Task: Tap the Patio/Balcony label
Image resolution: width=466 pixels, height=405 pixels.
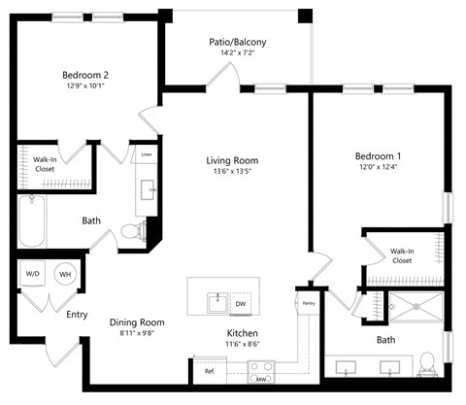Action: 237,42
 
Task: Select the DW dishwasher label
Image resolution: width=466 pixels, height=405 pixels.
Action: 239,303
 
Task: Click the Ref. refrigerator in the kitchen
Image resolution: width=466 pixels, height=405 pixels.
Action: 210,370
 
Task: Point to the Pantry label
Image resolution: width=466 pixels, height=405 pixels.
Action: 309,303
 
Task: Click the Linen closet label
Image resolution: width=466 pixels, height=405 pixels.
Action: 147,154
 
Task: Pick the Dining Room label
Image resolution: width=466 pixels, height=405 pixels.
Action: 137,322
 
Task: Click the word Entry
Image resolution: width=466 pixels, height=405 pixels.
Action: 77,314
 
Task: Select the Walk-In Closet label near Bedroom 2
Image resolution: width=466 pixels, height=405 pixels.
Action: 44,165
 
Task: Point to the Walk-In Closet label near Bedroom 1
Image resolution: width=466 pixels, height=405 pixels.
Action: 402,255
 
